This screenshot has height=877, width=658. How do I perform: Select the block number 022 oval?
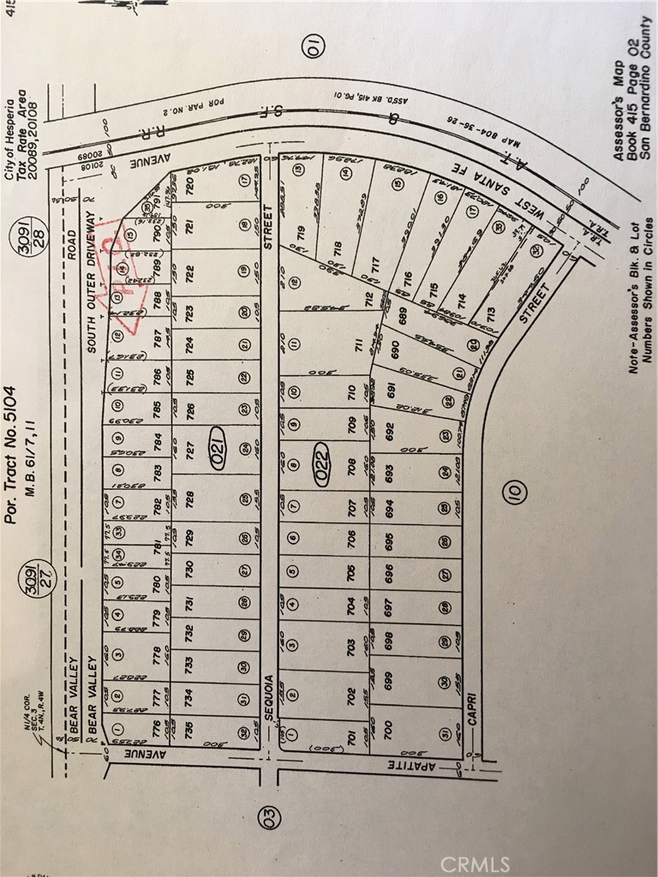click(x=321, y=464)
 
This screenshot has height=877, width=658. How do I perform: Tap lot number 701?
click(x=350, y=737)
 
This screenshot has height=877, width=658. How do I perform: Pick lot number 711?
click(x=350, y=344)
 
